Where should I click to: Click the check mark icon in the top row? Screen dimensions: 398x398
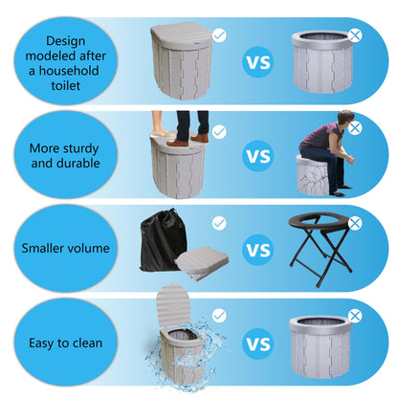[x=219, y=34]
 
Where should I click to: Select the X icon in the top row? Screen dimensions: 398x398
[x=356, y=34]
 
